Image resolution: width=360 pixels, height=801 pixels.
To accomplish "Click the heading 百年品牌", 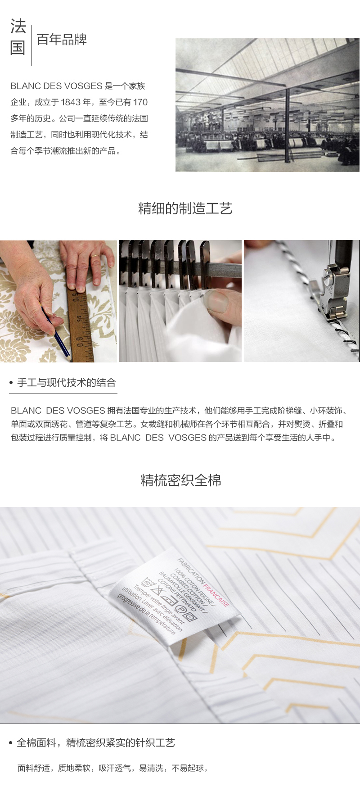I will tap(62, 40).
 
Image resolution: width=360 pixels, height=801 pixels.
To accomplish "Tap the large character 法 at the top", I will tap(18, 27).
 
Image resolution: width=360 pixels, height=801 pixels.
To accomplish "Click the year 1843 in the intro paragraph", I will tap(70, 102).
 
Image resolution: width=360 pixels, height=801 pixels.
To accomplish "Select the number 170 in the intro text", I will tap(140, 102).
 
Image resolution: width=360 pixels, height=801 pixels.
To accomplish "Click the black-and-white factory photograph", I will tap(267, 105).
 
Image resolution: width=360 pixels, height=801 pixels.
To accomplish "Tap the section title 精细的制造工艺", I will tap(185, 208).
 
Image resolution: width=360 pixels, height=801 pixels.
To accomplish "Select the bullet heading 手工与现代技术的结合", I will tap(66, 383).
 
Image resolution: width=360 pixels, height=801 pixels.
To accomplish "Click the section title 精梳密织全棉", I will tap(180, 480).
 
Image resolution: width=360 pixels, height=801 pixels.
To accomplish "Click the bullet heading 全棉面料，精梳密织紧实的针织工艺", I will tap(95, 742).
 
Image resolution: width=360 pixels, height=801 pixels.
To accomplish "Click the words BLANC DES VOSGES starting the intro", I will tap(56, 86).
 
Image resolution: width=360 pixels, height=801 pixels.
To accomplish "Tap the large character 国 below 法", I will tap(18, 48).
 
